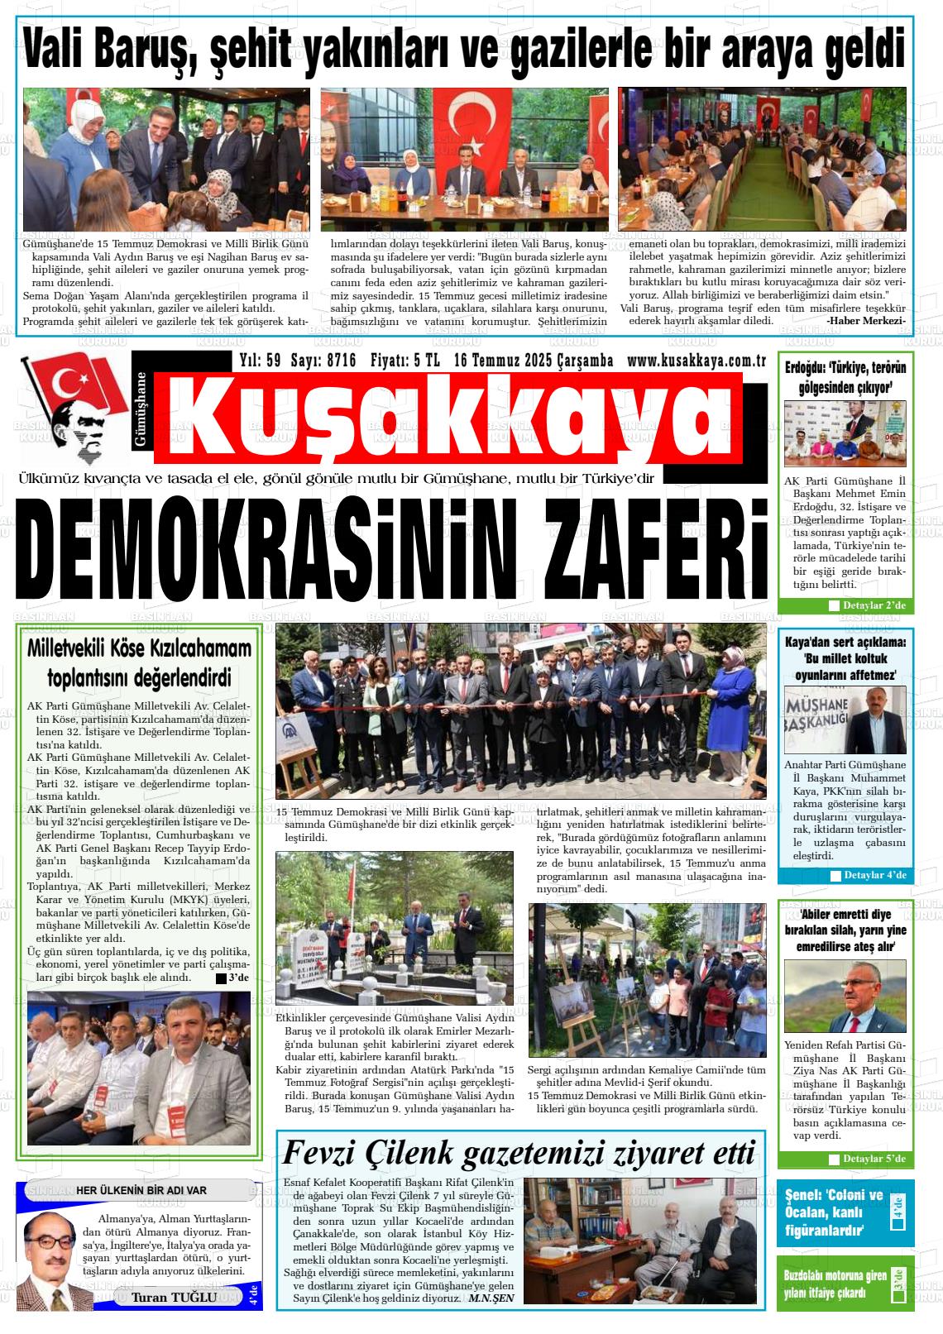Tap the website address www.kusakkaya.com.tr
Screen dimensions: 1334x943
(x=695, y=361)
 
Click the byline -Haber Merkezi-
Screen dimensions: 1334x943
(x=865, y=321)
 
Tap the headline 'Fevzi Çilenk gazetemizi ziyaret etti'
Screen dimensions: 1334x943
(x=519, y=1152)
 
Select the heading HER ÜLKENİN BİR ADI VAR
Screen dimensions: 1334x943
(x=141, y=1190)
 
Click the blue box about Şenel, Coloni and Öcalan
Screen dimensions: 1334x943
(x=845, y=1213)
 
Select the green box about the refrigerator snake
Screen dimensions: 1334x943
(x=845, y=1284)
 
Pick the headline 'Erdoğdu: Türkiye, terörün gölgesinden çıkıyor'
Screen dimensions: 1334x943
(x=845, y=377)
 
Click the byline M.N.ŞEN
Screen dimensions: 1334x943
(x=491, y=1298)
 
